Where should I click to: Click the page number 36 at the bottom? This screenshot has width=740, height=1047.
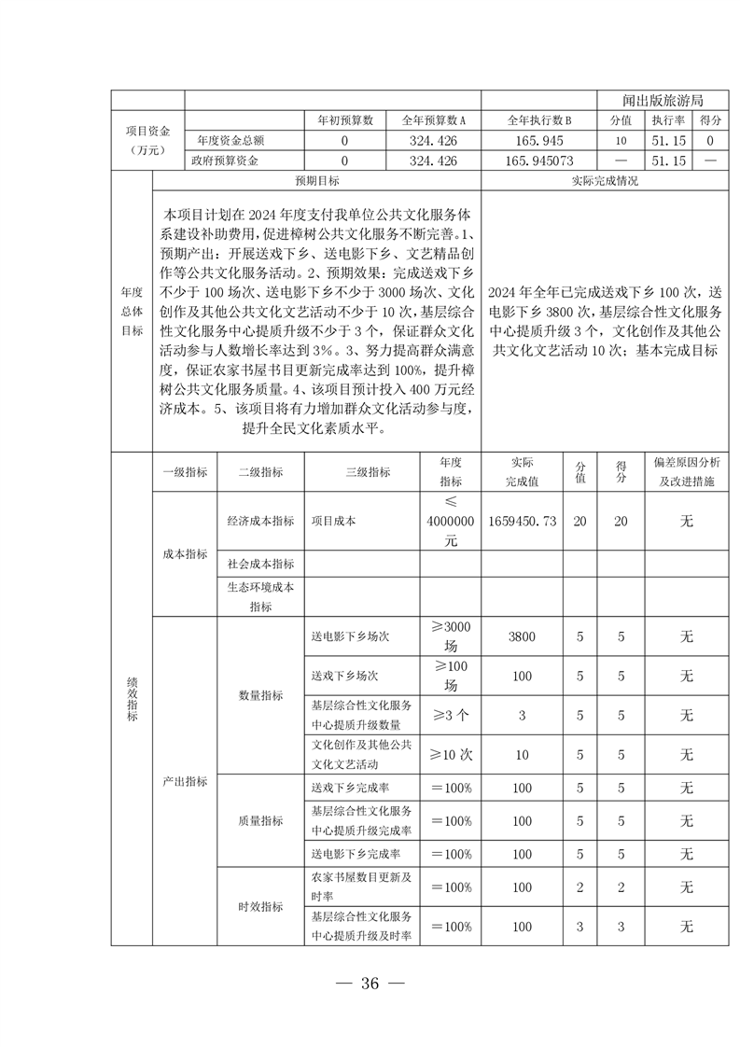tap(370, 983)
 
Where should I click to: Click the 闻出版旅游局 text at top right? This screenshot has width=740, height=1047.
tap(662, 100)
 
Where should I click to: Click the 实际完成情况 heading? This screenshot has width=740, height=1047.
tap(604, 181)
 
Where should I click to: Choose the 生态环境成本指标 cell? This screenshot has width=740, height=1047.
tap(260, 597)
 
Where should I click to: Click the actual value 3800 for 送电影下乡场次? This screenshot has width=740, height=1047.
tap(523, 636)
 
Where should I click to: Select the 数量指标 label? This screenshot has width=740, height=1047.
tap(260, 695)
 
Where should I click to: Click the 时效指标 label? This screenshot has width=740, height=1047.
tap(260, 906)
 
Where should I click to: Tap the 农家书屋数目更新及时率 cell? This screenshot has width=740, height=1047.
tap(361, 886)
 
